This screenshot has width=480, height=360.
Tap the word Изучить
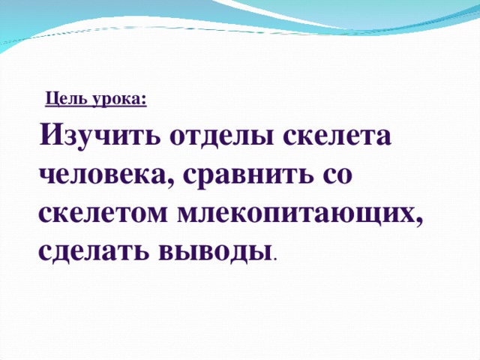point(99,137)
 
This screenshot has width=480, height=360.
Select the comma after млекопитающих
point(419,223)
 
